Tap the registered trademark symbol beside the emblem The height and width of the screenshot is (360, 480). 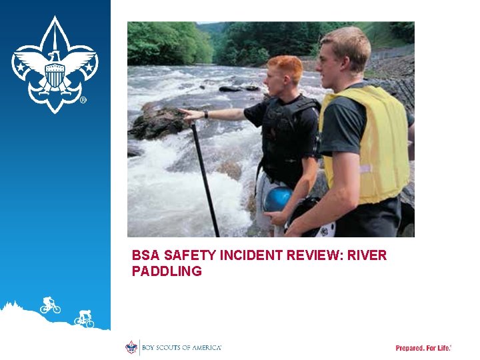tap(83, 101)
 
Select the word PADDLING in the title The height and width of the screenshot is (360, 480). tap(167, 271)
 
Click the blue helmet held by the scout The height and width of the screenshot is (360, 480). tap(277, 199)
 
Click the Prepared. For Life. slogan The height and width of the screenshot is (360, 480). tap(423, 348)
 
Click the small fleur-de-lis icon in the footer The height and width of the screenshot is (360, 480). tap(131, 347)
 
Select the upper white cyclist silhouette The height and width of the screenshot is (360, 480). tap(49, 305)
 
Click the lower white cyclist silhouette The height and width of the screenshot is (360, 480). tap(85, 319)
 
